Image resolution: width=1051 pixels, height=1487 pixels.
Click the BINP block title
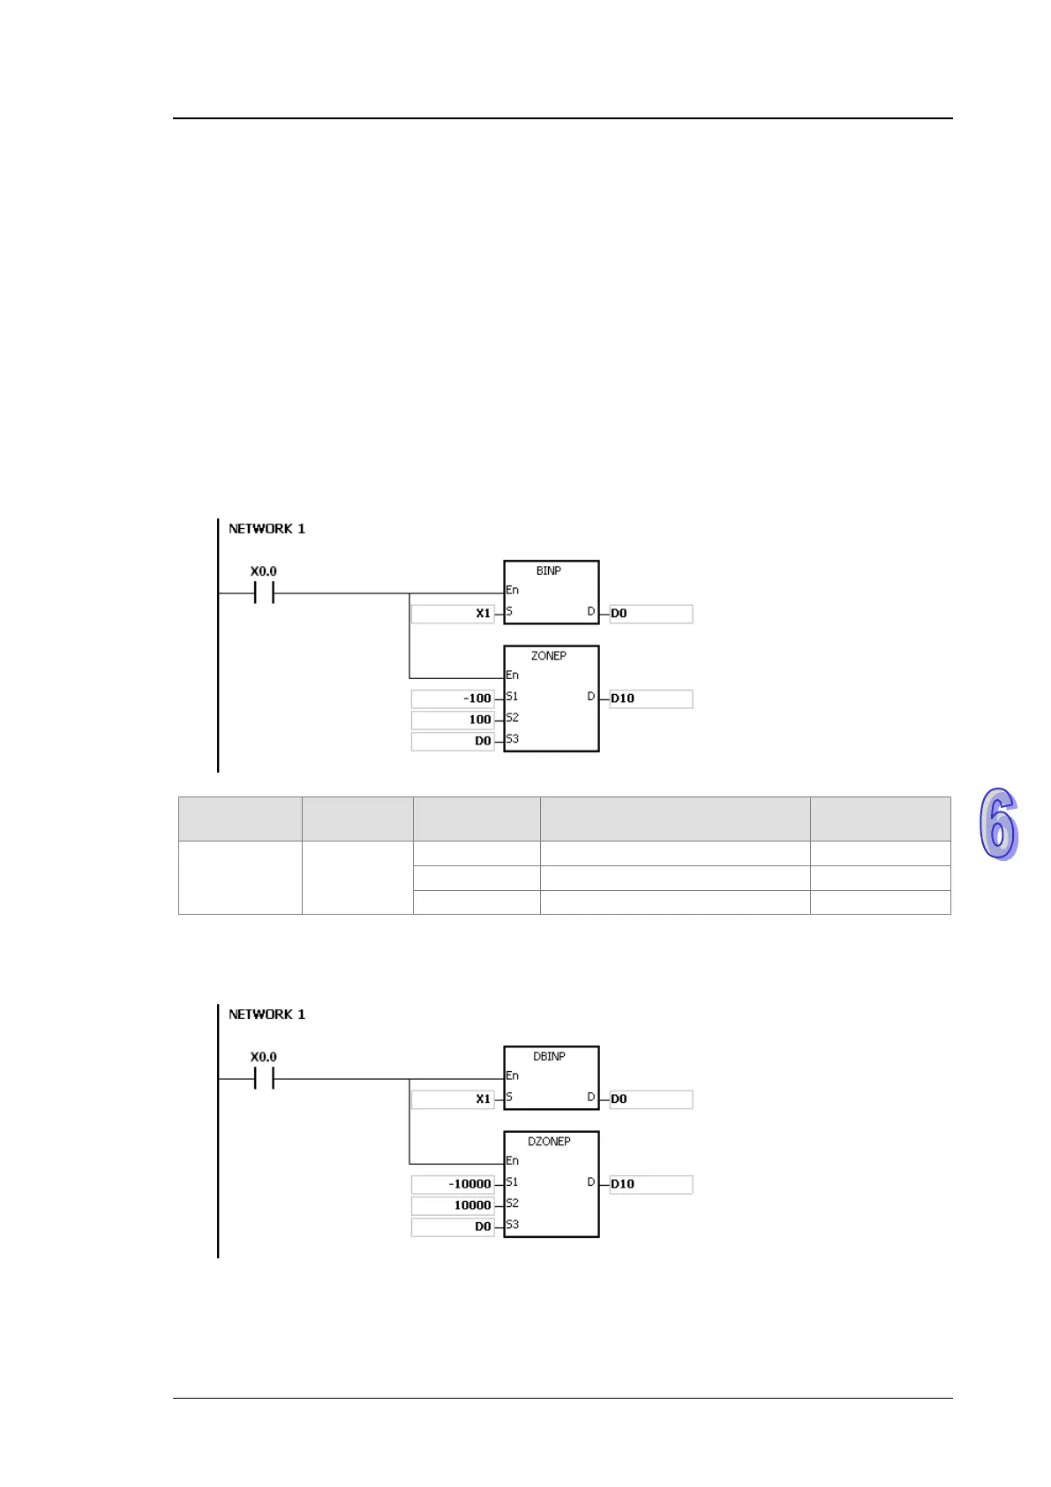(548, 571)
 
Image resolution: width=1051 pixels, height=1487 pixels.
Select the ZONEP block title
(548, 656)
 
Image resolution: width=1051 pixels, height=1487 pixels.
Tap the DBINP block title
(548, 1057)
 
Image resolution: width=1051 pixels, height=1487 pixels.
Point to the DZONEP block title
(548, 1142)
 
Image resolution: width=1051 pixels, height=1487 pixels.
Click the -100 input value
(477, 698)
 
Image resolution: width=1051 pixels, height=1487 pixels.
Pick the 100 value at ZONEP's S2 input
(479, 720)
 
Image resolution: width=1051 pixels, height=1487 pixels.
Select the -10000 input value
(469, 1184)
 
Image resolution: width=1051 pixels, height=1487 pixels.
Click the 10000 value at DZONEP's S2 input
(472, 1205)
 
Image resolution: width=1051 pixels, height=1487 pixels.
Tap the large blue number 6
(998, 824)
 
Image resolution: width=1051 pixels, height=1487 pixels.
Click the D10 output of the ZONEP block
(623, 698)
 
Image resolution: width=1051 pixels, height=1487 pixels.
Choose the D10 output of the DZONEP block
(623, 1184)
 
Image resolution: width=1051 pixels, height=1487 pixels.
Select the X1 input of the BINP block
(483, 614)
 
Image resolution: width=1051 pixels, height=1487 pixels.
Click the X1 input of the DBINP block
(483, 1099)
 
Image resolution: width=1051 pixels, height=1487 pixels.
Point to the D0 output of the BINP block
(619, 614)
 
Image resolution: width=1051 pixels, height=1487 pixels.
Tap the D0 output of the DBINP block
(619, 1099)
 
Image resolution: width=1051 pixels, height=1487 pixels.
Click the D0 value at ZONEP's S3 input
(483, 741)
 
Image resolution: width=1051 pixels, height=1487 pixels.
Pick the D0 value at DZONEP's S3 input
(483, 1227)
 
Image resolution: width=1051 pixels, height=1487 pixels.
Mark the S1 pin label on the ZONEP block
(512, 697)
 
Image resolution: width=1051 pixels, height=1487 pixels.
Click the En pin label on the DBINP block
(512, 1076)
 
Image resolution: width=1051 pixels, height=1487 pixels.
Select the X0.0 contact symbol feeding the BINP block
(263, 593)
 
